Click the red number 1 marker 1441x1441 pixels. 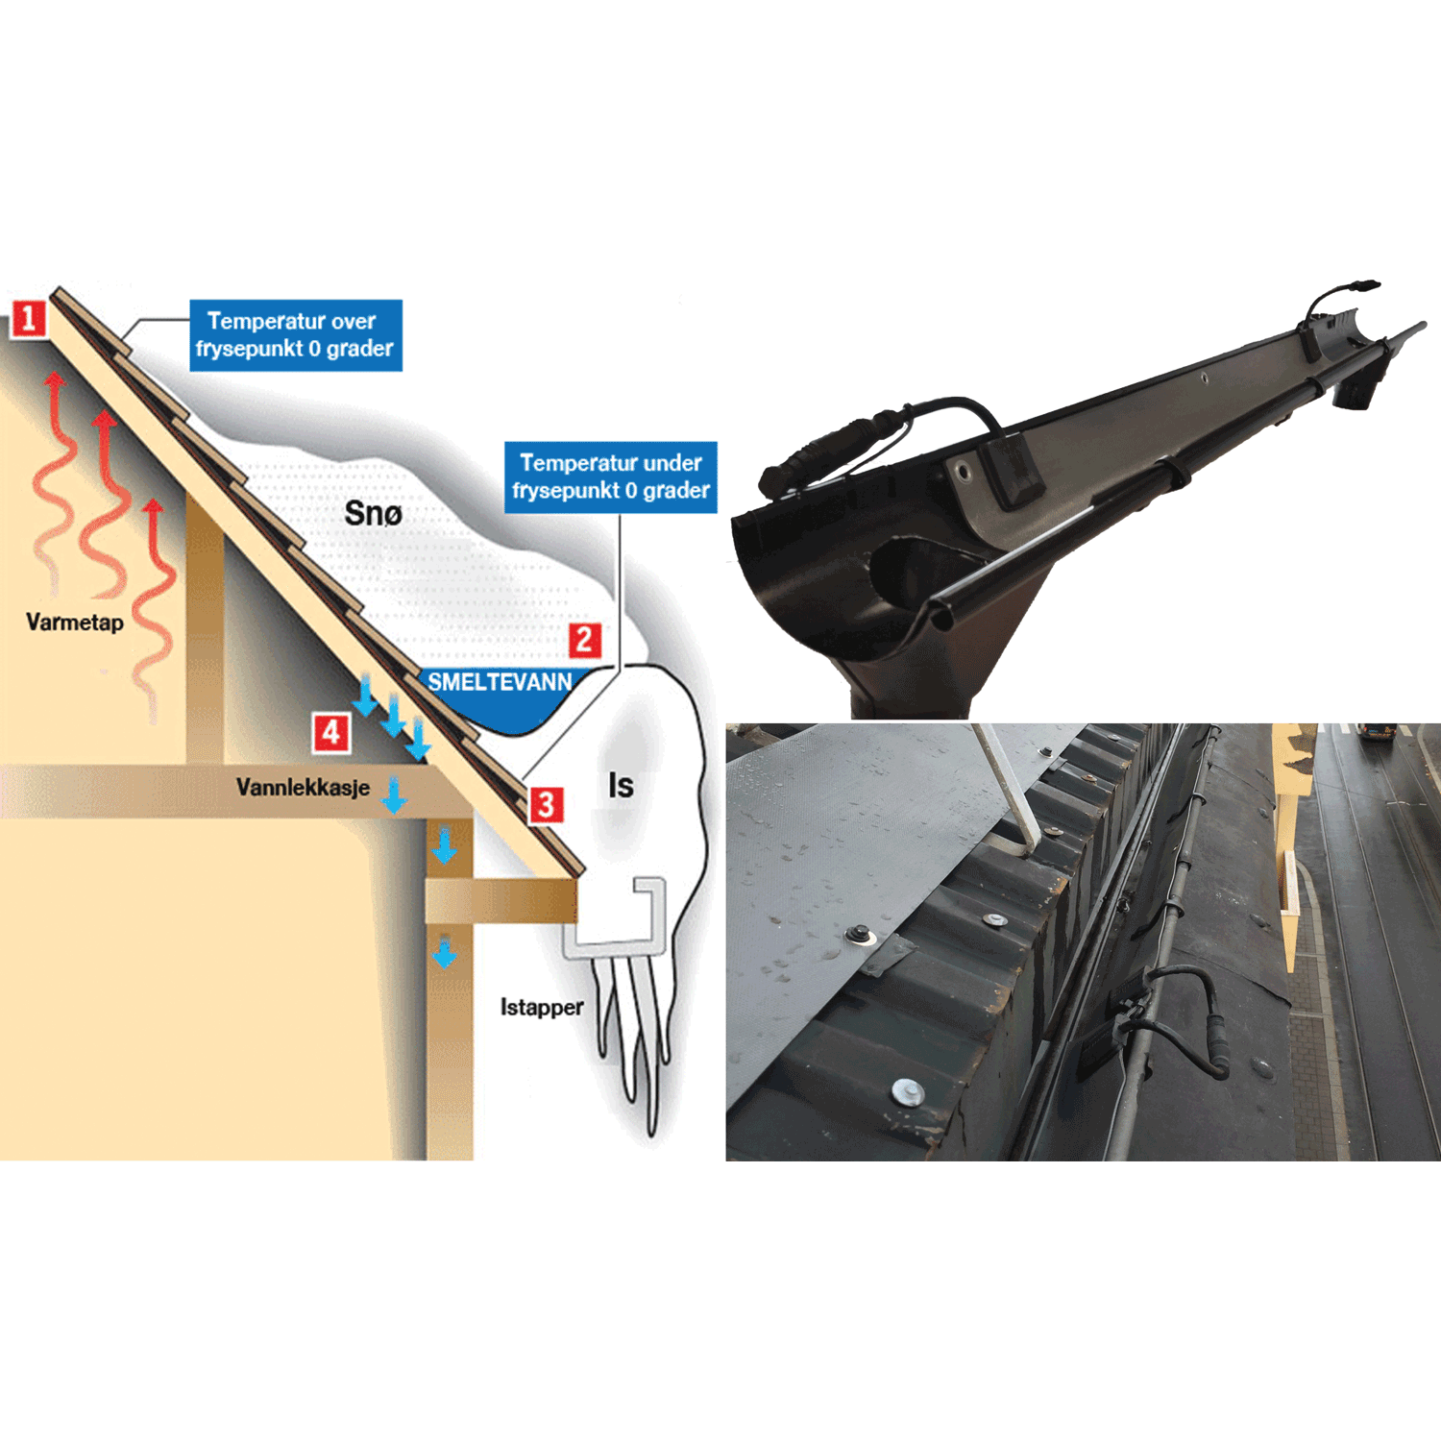tap(29, 318)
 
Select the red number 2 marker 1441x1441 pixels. tap(584, 640)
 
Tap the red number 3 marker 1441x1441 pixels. tap(546, 805)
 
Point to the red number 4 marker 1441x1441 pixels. tap(330, 733)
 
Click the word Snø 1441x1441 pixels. tap(373, 514)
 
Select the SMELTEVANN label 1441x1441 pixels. tap(500, 682)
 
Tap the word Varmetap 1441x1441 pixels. tap(75, 623)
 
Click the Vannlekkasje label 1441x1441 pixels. tap(303, 788)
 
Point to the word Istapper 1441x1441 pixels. tap(542, 1008)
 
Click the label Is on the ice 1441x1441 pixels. tap(621, 786)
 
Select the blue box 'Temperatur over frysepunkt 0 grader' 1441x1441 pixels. tap(295, 335)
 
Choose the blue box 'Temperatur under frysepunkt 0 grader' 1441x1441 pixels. tap(610, 477)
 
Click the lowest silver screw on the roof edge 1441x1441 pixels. tap(906, 1091)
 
